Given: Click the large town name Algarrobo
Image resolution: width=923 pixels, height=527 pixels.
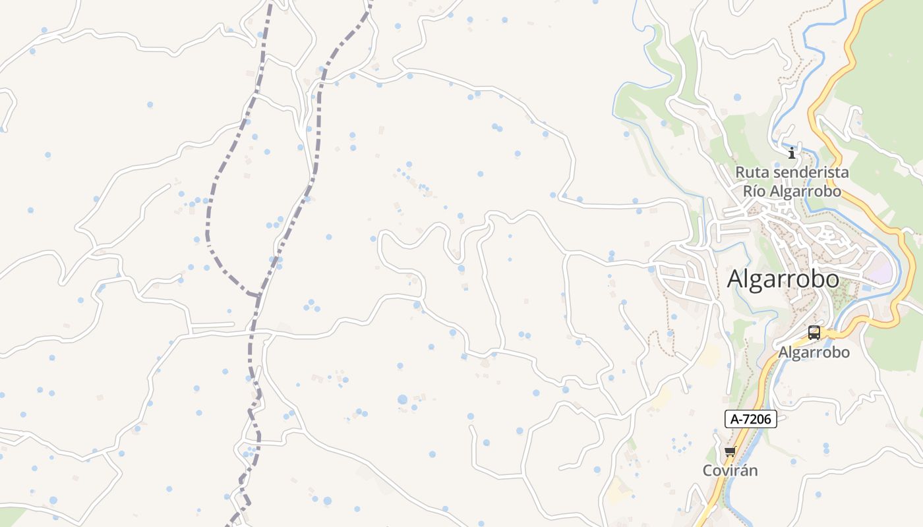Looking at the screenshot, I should pyautogui.click(x=783, y=279).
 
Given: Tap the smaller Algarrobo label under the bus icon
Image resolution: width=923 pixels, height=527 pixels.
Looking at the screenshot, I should pyautogui.click(x=814, y=352).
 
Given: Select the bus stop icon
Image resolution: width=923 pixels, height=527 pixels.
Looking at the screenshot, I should pyautogui.click(x=814, y=333).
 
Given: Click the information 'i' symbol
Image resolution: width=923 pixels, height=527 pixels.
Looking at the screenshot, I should pyautogui.click(x=792, y=153).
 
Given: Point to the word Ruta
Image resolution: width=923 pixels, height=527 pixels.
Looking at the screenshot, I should pyautogui.click(x=753, y=172).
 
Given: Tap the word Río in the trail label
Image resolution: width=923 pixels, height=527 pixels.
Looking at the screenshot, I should pyautogui.click(x=755, y=191).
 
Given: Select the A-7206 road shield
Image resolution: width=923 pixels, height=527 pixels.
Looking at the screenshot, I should pyautogui.click(x=751, y=418).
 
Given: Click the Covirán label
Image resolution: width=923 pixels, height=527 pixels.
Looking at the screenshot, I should pyautogui.click(x=730, y=470).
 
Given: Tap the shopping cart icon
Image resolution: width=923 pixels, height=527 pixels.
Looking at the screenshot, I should pyautogui.click(x=730, y=452).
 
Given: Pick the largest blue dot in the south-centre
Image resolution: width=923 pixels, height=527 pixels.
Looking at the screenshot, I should pyautogui.click(x=402, y=399).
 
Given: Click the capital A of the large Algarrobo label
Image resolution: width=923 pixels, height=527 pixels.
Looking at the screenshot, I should pyautogui.click(x=736, y=279).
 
